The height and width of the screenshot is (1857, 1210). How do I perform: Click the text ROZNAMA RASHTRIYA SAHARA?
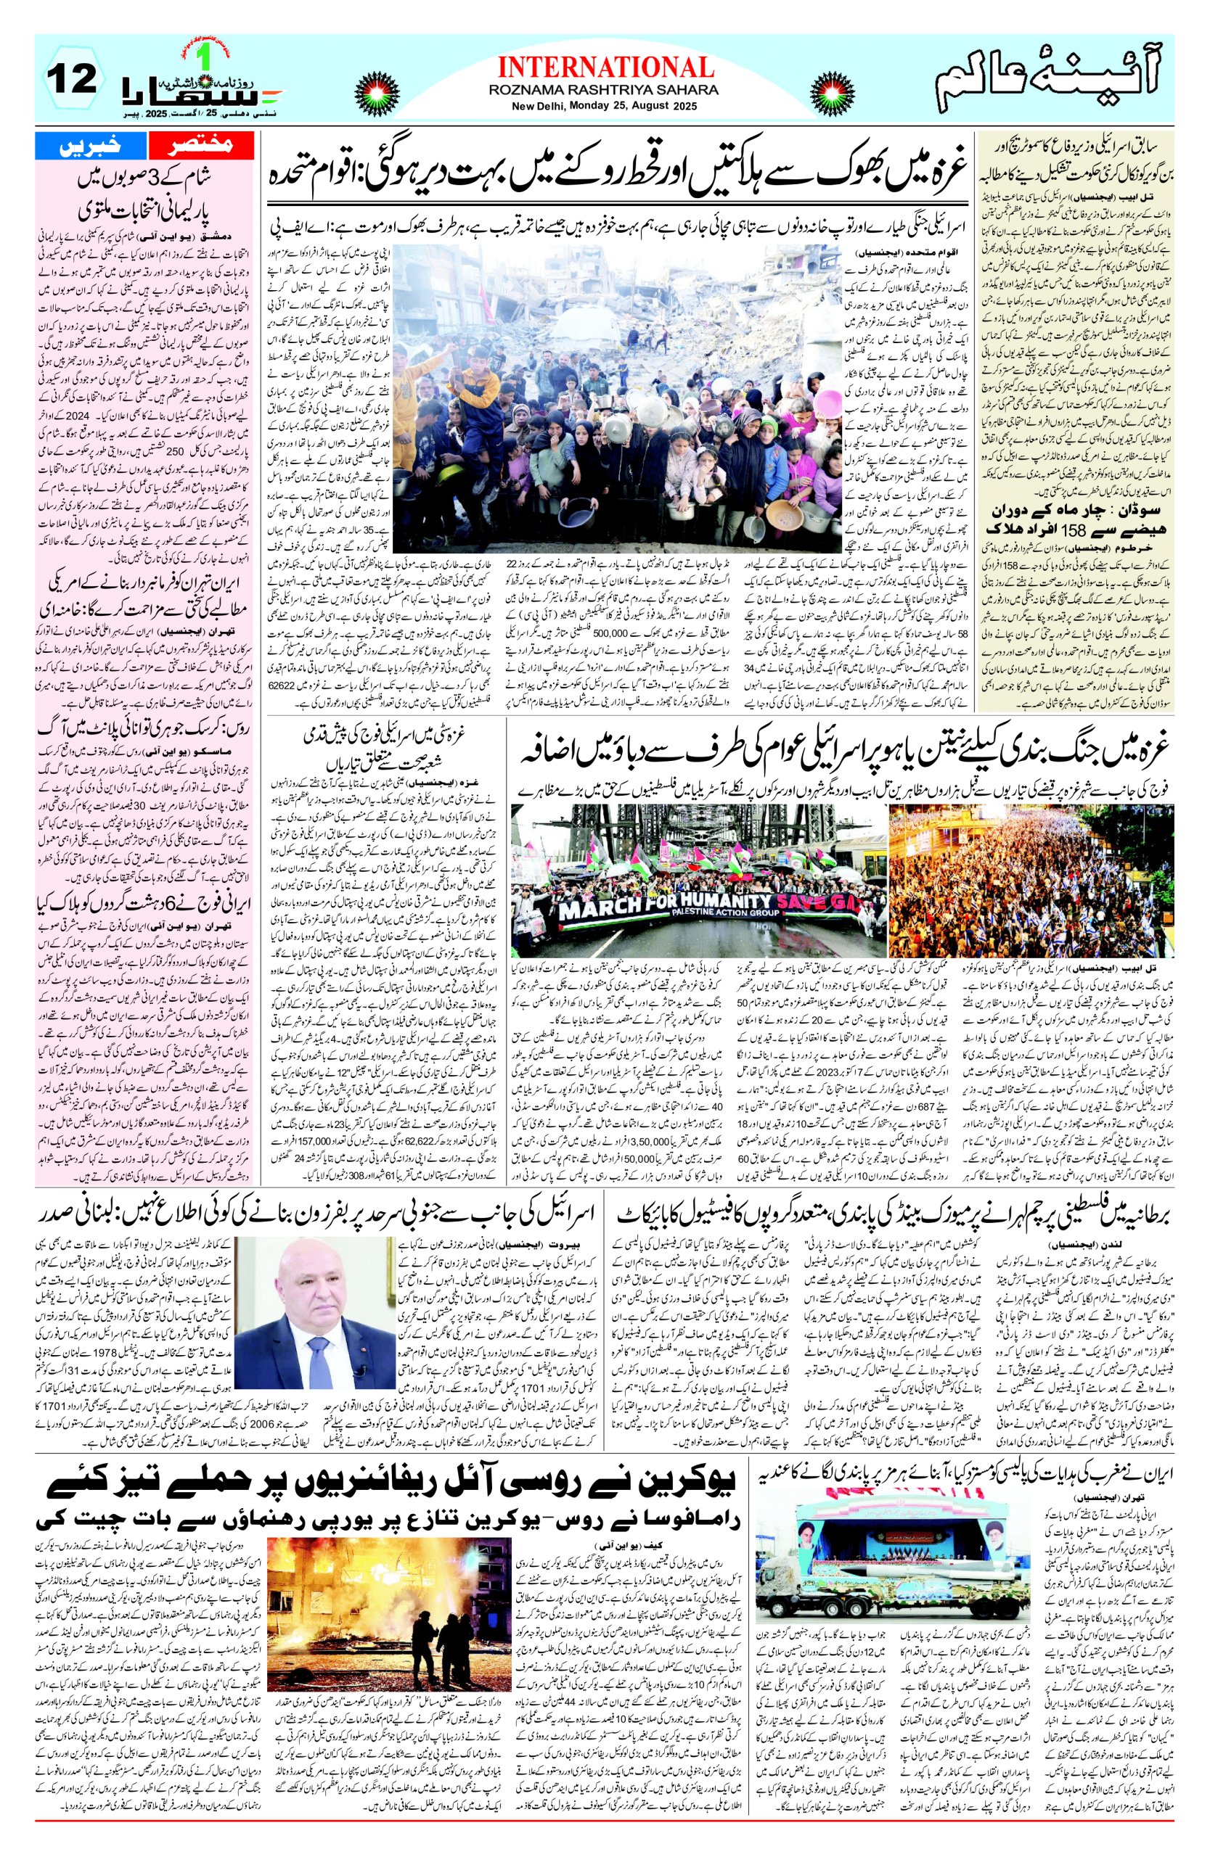pos(605,90)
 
